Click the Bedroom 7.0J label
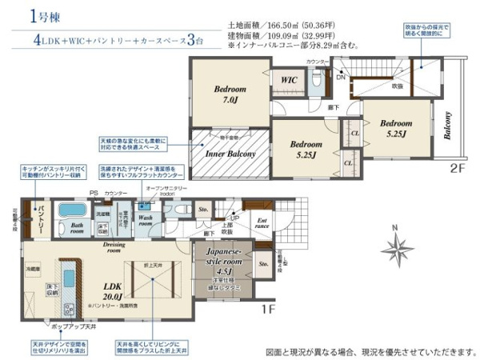229,94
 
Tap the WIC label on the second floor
289,80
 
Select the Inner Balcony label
230,153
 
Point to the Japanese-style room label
224,262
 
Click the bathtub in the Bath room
75,211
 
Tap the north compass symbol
394,243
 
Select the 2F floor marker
457,169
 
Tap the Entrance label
262,223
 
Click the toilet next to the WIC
318,81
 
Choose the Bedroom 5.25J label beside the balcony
396,127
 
